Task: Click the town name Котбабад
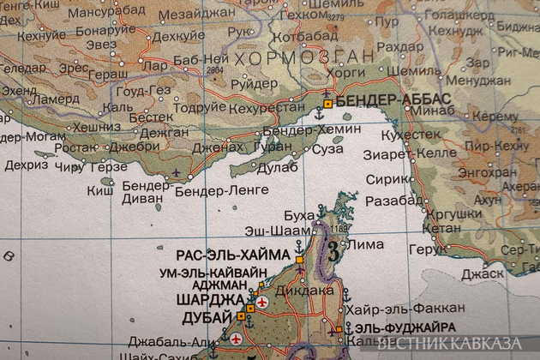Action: pyautogui.click(x=303, y=38)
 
